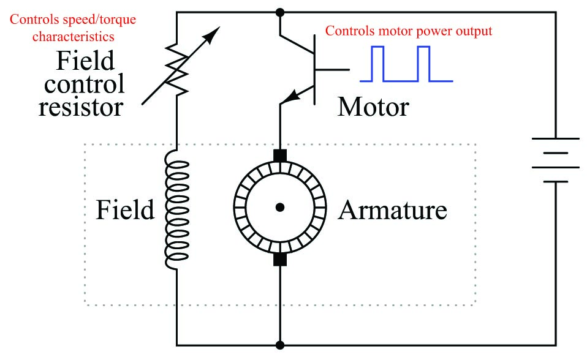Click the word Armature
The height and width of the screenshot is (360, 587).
coord(392,210)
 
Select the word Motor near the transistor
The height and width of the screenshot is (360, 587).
coord(373,107)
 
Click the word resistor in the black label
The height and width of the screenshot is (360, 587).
coord(81,107)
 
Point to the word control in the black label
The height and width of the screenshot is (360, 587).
coord(84,84)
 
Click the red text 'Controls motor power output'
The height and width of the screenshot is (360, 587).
coord(409,31)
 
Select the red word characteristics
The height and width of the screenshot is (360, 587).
coord(74,37)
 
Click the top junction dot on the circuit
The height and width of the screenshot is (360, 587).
coord(279,12)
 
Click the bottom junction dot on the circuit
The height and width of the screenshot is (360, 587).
coord(279,345)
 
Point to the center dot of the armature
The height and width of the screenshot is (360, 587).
coord(279,208)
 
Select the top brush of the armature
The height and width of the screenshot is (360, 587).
coord(280,156)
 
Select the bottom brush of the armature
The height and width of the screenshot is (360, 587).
coord(280,260)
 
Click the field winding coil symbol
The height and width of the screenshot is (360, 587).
coord(176,209)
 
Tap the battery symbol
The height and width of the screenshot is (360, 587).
coord(556,160)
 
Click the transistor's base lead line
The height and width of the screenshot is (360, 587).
coord(332,70)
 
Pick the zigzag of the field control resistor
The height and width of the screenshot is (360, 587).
coord(176,69)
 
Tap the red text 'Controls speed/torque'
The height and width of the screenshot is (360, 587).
coord(73,20)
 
